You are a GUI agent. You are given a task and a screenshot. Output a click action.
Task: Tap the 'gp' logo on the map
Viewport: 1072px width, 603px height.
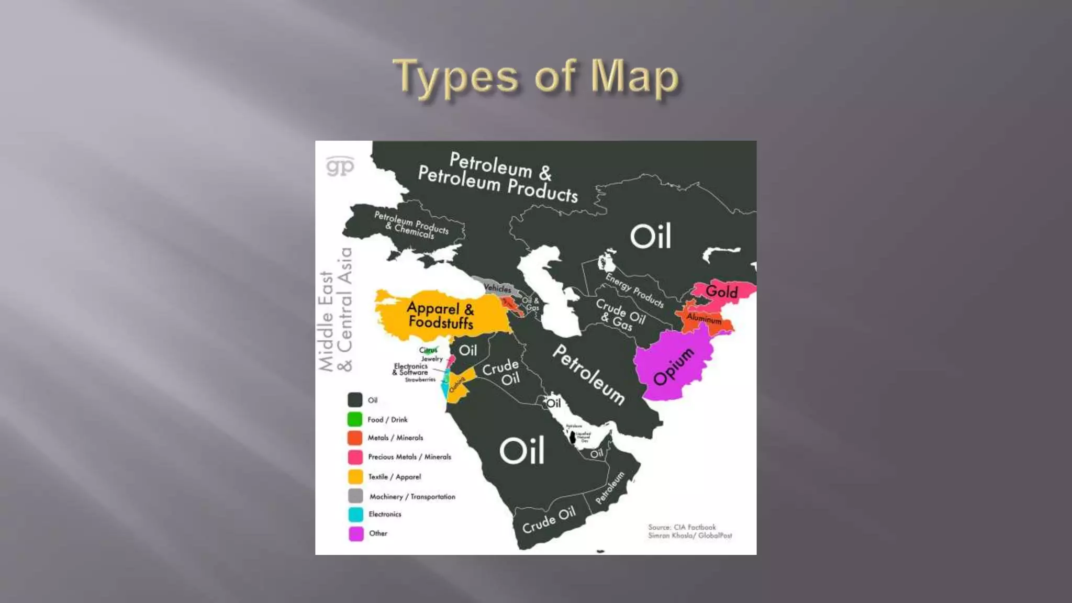tap(340, 166)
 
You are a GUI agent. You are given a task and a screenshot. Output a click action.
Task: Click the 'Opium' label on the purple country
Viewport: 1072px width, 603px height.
tap(674, 366)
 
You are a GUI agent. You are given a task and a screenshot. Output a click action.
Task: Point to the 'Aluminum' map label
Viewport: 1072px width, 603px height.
tap(704, 318)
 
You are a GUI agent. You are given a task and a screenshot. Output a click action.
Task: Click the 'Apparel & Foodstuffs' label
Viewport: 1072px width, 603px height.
tap(440, 315)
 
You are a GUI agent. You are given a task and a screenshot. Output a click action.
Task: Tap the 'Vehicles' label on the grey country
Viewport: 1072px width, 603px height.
tap(497, 288)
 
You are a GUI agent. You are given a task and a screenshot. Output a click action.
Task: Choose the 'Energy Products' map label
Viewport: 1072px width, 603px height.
tap(634, 290)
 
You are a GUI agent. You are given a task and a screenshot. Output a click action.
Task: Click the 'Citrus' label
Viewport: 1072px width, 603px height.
tap(428, 350)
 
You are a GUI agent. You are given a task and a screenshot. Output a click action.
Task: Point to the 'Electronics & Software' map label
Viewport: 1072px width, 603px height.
tap(411, 369)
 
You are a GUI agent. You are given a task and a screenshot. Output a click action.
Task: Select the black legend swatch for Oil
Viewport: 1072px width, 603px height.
tap(355, 400)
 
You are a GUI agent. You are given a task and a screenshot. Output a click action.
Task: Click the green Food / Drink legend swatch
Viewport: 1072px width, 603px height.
tap(355, 419)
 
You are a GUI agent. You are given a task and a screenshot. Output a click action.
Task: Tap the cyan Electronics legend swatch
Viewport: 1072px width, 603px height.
tap(356, 514)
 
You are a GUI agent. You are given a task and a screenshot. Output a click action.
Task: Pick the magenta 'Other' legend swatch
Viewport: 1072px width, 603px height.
tap(356, 533)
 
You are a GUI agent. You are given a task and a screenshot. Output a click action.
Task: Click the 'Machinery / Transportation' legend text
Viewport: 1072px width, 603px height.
tap(412, 496)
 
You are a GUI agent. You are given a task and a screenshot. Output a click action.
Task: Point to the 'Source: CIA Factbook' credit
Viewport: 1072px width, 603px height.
tap(682, 527)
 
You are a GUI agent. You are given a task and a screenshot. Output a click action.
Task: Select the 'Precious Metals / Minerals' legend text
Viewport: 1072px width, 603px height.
tap(409, 457)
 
